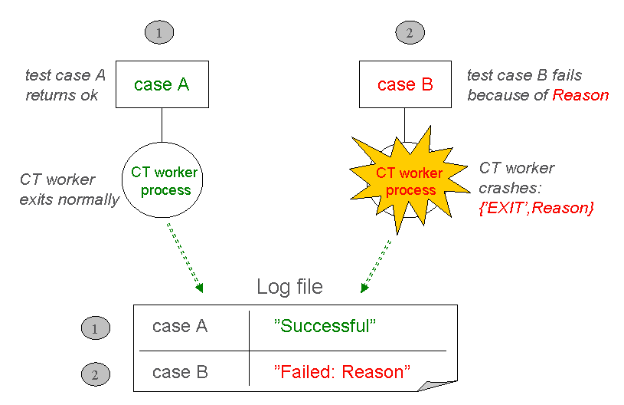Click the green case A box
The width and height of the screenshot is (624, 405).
[x=162, y=84]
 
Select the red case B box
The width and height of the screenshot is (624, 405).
[x=406, y=84]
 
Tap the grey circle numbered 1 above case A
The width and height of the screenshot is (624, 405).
[x=158, y=32]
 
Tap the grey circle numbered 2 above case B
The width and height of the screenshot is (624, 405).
[x=410, y=32]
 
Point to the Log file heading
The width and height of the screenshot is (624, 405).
[x=289, y=287]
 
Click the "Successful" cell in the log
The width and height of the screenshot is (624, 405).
[x=325, y=326]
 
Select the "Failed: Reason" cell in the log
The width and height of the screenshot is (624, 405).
[x=342, y=372]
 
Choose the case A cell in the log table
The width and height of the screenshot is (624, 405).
[x=180, y=326]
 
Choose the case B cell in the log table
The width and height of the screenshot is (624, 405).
[x=180, y=372]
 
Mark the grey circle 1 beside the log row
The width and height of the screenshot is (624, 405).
[x=95, y=328]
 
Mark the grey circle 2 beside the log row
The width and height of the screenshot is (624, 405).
[x=95, y=374]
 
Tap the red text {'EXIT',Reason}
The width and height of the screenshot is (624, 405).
[x=535, y=206]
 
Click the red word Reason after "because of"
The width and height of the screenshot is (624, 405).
[x=580, y=95]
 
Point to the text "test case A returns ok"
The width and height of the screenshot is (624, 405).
[x=64, y=85]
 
